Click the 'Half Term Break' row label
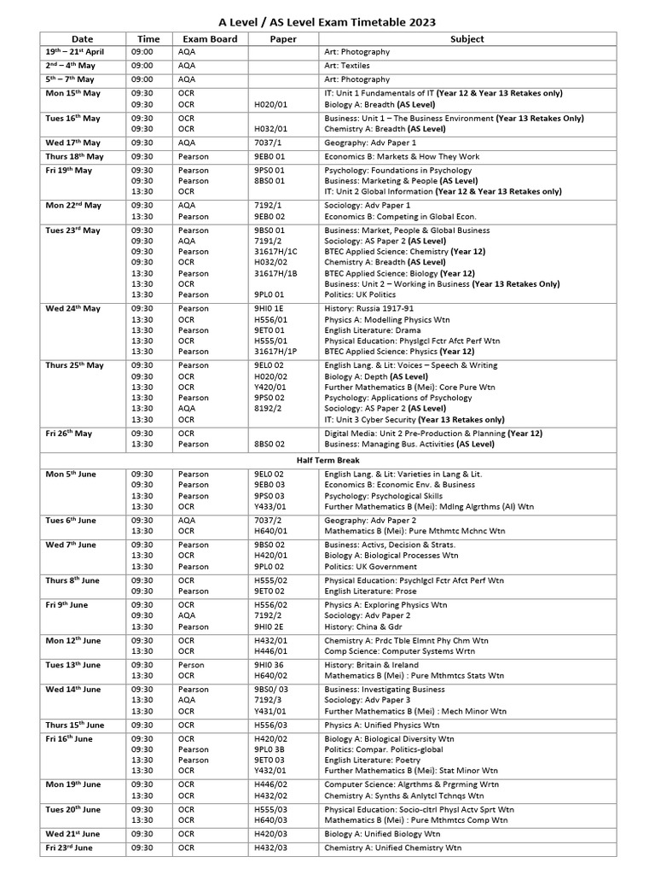tap(327, 460)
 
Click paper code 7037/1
tap(268, 143)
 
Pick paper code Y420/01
tap(271, 386)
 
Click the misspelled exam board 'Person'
tap(192, 665)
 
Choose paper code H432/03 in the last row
tap(271, 848)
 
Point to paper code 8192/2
tap(268, 408)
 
